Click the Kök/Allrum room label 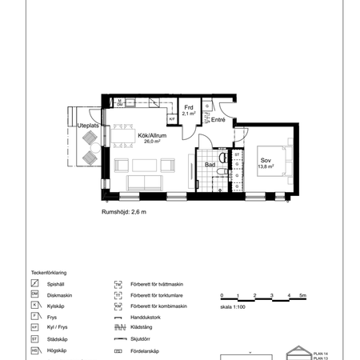140,136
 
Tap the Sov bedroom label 264,160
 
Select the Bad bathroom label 210,165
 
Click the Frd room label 189,108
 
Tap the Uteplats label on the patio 87,126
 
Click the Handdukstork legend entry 148,317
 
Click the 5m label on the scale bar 302,297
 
